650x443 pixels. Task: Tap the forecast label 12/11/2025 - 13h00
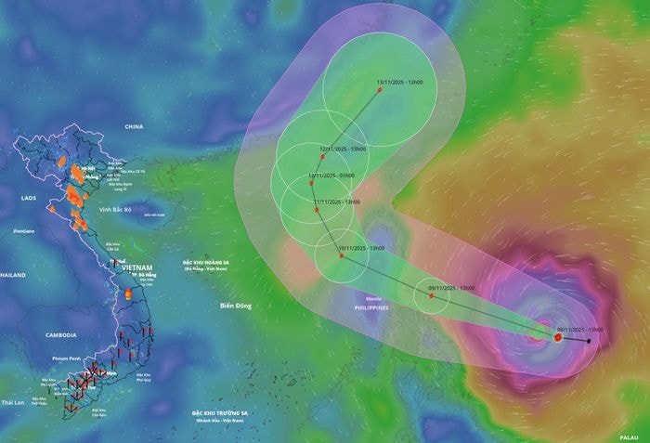click(344, 149)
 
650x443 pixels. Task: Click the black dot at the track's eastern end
click(589, 341)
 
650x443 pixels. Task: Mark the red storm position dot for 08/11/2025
click(556, 338)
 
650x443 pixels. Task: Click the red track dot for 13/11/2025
click(379, 89)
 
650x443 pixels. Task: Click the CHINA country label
click(135, 125)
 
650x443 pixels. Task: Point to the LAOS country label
click(28, 198)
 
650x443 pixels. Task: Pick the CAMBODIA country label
click(65, 334)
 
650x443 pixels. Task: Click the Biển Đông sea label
click(236, 306)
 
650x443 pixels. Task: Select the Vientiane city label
click(24, 229)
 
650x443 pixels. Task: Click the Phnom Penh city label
click(70, 358)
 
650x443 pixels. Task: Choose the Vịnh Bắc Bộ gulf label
click(119, 209)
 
